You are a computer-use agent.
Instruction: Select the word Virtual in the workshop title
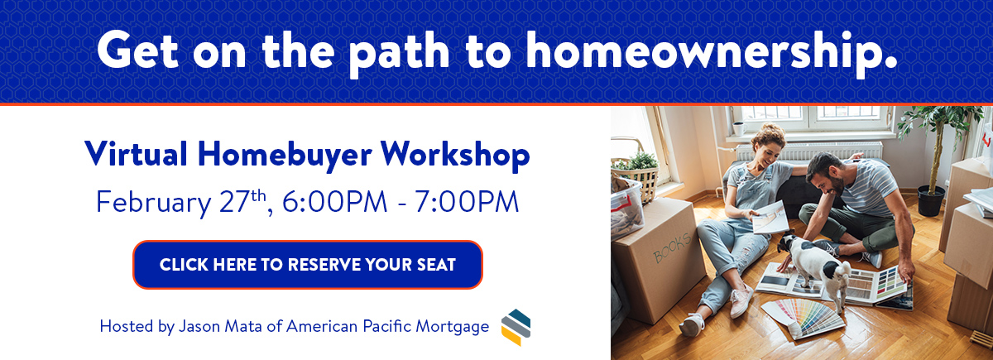[136, 153]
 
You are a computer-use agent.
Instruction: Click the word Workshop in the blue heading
[455, 156]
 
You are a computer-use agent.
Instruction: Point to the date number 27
[236, 202]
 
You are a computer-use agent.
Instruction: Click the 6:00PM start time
[334, 202]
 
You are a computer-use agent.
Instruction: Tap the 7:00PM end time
[467, 202]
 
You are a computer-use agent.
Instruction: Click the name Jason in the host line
[199, 326]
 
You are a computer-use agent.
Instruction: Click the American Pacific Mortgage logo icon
[516, 327]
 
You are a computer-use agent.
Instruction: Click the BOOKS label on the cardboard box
[672, 247]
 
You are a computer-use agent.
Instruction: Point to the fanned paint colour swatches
[804, 318]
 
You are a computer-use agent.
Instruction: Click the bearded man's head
[824, 174]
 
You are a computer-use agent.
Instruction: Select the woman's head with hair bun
[768, 146]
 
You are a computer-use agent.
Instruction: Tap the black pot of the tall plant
[931, 200]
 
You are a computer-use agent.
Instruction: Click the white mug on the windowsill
[739, 128]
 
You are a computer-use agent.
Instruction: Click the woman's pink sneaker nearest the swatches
[741, 300]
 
